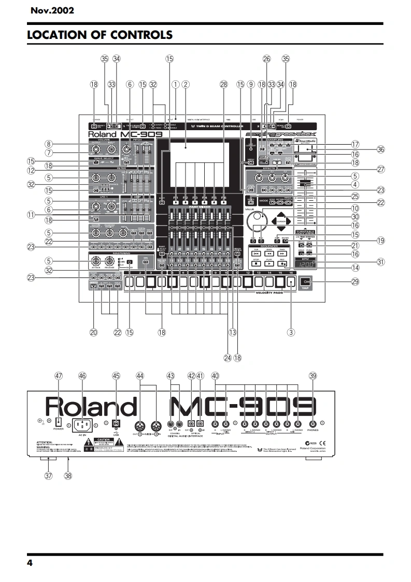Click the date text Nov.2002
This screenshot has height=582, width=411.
point(52,10)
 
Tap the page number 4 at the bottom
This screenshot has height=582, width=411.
point(30,563)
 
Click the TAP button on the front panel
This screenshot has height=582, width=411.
point(304,283)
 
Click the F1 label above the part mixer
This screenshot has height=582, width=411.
point(175,198)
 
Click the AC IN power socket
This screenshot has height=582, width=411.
point(82,424)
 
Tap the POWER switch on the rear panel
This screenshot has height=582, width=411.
point(58,422)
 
